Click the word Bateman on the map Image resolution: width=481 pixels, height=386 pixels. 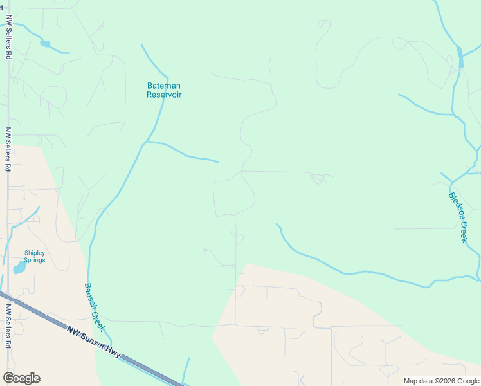tap(164, 86)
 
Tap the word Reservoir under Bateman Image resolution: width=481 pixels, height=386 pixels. tap(164, 95)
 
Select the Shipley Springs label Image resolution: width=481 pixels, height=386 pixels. tap(35, 257)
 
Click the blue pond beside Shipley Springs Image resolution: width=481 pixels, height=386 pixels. tap(19, 267)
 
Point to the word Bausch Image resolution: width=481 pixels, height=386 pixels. tap(90, 295)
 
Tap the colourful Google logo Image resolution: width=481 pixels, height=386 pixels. tap(21, 378)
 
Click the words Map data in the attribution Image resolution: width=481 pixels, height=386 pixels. tap(419, 381)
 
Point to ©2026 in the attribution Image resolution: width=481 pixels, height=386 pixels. tap(444, 381)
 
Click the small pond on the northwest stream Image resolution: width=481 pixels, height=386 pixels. tap(45, 44)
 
